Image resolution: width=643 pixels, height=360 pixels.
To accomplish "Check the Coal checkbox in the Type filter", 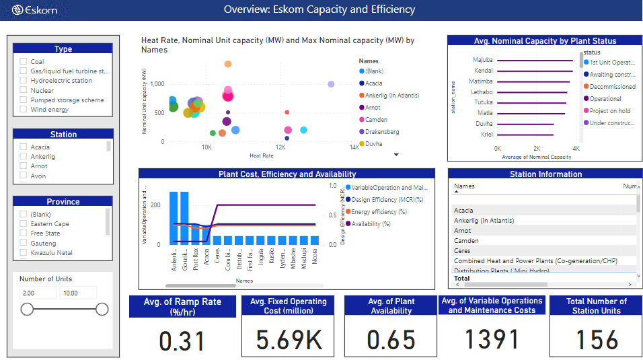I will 24,61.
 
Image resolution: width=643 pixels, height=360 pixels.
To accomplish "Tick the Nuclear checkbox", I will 24,90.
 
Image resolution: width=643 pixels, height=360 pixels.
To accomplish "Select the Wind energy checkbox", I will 24,109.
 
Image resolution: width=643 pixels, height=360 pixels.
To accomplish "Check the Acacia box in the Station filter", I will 24,147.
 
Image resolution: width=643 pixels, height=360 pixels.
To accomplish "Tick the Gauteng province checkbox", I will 24,243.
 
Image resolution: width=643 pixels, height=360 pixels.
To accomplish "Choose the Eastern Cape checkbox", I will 24,223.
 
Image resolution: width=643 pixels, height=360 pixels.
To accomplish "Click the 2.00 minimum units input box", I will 37,293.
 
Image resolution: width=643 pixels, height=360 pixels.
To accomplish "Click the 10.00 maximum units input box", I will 78,293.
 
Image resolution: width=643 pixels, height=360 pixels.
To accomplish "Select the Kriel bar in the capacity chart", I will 525,135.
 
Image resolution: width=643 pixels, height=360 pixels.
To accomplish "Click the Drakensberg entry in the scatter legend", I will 381,131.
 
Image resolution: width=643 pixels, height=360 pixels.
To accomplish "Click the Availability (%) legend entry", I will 371,224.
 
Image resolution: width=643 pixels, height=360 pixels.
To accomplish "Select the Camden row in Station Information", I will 467,240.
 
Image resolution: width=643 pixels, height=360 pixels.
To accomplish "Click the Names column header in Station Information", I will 464,186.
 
